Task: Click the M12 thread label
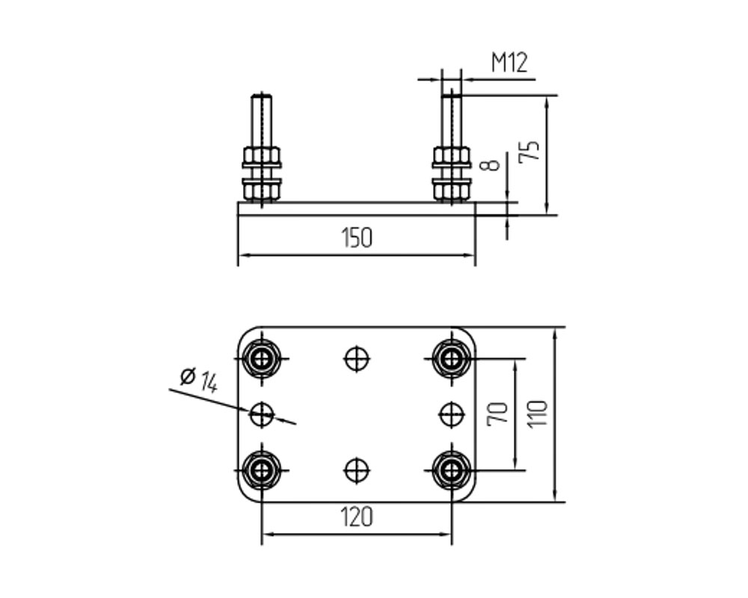tap(509, 63)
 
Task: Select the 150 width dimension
tap(357, 238)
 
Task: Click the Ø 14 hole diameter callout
tap(199, 380)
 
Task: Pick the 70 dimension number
tap(497, 414)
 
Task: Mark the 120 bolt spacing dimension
tap(357, 517)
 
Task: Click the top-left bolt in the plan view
tap(261, 358)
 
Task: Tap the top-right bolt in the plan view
tap(451, 358)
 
